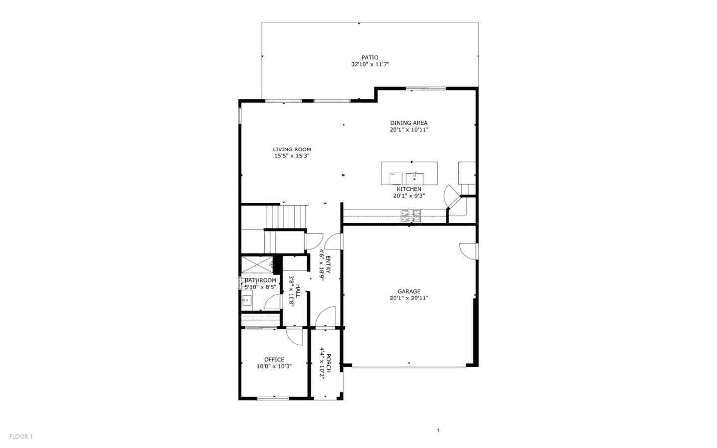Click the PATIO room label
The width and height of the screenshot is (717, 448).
(x=369, y=57)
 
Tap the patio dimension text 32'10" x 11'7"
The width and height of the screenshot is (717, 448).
(x=369, y=64)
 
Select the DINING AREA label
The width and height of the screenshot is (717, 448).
(x=408, y=123)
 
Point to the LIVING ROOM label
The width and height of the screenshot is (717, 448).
(x=292, y=149)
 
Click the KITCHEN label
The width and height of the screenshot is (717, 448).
(x=409, y=189)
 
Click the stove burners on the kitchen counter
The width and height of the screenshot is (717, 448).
(x=411, y=216)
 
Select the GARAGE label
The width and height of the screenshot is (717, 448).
(x=409, y=291)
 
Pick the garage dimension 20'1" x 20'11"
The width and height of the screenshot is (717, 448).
(x=409, y=298)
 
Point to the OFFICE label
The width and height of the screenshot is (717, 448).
(x=274, y=359)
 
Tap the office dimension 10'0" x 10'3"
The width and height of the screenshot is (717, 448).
(x=274, y=366)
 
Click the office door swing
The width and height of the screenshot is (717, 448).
(x=295, y=337)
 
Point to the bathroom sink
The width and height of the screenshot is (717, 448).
(x=247, y=300)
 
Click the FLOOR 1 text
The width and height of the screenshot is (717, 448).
(x=21, y=436)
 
